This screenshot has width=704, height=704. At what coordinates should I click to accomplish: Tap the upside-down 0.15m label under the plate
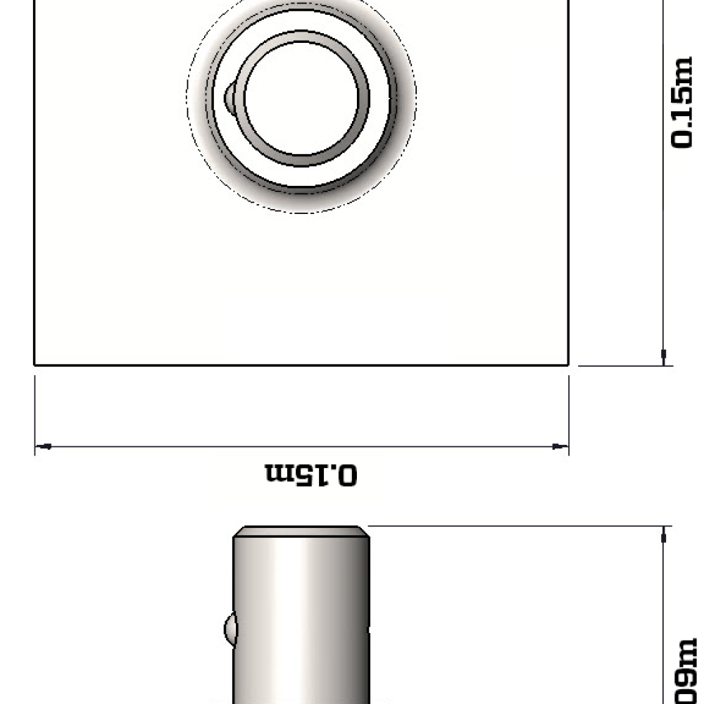point(310,474)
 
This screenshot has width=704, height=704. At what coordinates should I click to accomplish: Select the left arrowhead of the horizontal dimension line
point(44,446)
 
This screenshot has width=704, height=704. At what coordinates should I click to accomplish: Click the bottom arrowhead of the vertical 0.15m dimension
point(663,356)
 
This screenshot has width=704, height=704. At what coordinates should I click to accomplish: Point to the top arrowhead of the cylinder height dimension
point(663,536)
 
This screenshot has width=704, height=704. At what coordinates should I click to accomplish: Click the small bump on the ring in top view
point(230,96)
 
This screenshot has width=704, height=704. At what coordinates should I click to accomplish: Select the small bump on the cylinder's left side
point(229,627)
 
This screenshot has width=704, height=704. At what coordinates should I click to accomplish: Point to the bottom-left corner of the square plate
point(35,365)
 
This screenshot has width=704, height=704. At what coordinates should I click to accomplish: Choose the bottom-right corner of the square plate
point(568,365)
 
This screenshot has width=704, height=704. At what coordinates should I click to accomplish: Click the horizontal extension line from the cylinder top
point(514,525)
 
